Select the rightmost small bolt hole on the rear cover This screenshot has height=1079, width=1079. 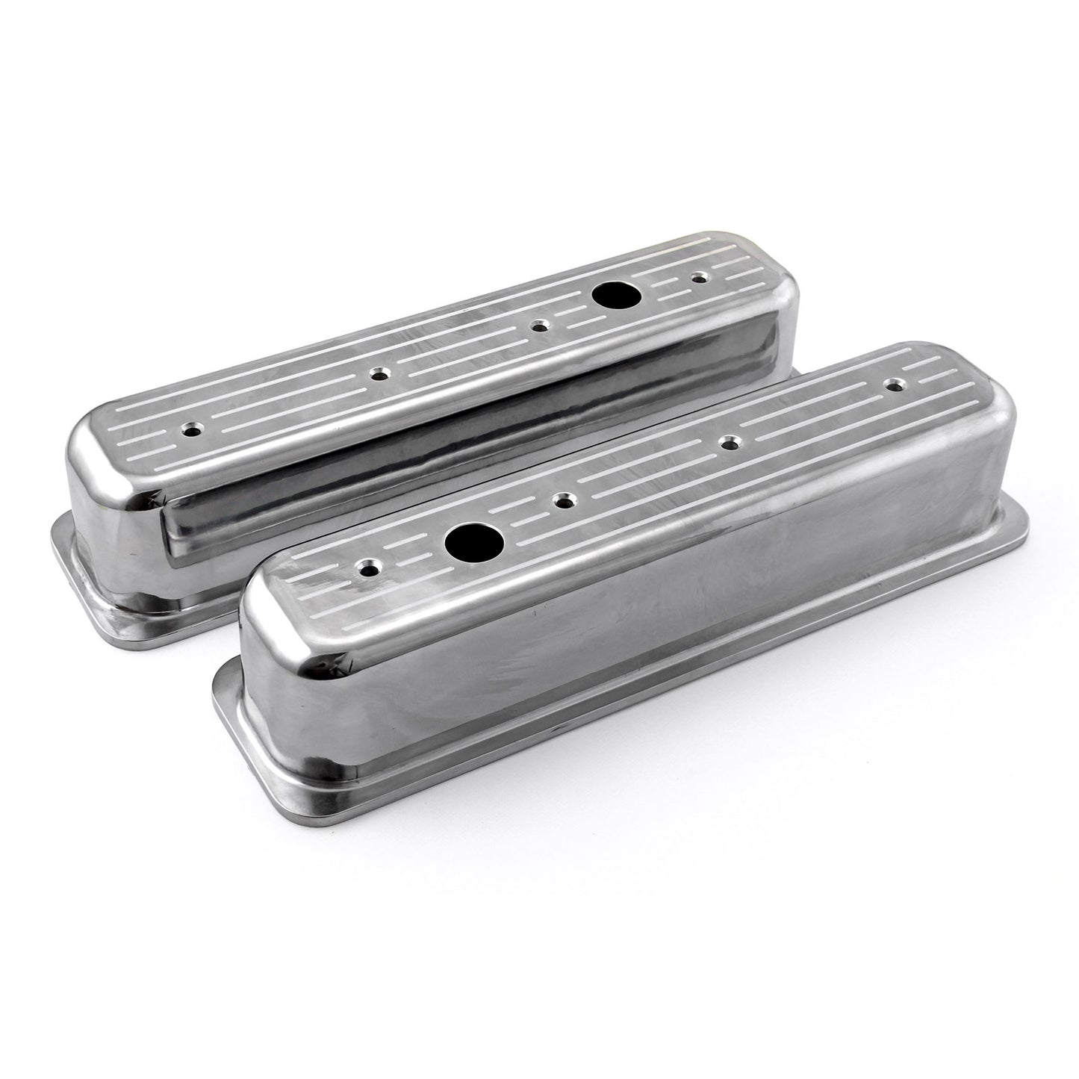pos(699,278)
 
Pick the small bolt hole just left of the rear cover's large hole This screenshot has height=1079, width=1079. pos(537,326)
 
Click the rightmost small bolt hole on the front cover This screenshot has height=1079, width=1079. pos(891,385)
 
